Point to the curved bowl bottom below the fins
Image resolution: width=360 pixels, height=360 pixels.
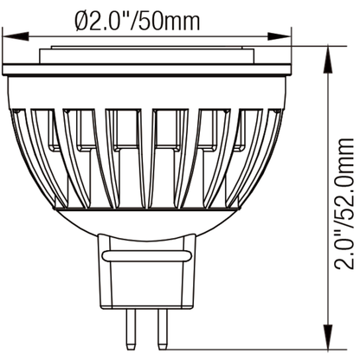pos(147,221)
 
